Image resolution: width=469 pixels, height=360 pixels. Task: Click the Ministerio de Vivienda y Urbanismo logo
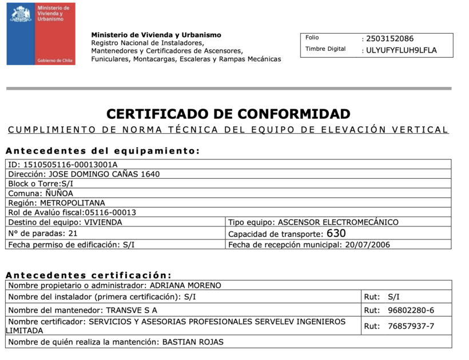(x=41, y=34)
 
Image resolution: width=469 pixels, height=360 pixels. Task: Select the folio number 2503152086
(x=389, y=38)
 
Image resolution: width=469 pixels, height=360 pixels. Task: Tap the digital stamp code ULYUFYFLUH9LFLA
(x=401, y=50)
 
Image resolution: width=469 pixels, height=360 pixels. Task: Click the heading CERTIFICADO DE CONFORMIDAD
(x=228, y=114)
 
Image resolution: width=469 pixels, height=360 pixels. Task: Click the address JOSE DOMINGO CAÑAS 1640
(x=104, y=174)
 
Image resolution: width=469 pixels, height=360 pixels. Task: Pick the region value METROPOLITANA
(x=73, y=203)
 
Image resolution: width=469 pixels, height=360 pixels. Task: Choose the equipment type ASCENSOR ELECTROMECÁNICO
(x=337, y=222)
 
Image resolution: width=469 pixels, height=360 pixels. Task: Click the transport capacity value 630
(x=336, y=233)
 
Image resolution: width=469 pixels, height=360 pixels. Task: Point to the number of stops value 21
(x=73, y=234)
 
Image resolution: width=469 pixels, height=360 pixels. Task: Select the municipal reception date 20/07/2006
(x=368, y=245)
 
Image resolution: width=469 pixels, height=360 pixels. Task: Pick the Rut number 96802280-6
(x=411, y=310)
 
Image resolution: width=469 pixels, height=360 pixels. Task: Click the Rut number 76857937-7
(x=411, y=326)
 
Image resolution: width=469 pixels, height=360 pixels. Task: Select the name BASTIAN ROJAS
(x=193, y=342)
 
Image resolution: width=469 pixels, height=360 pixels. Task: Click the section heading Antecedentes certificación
(x=89, y=275)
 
